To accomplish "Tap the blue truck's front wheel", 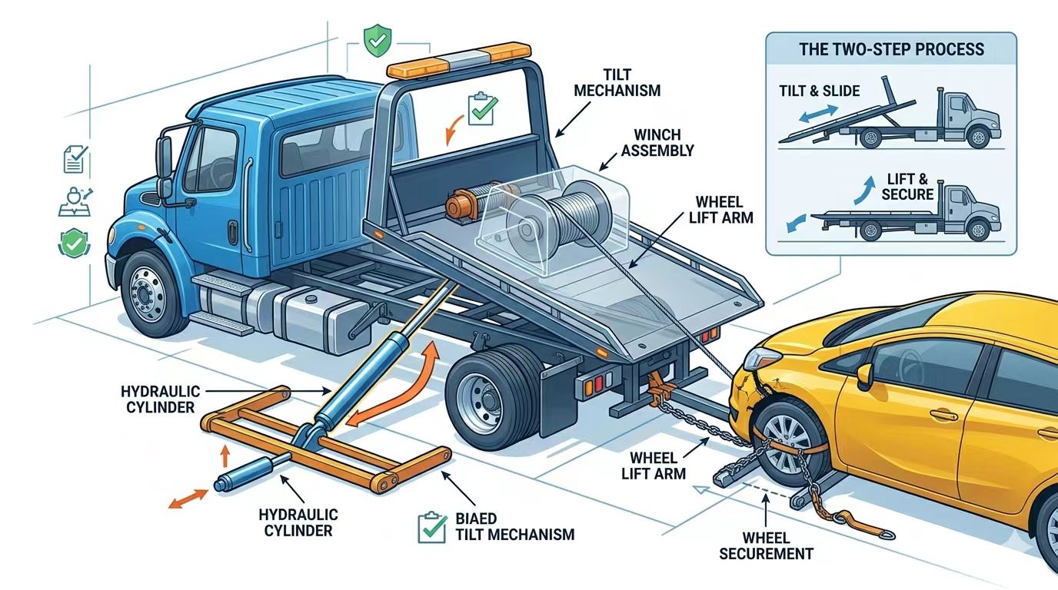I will [151, 293].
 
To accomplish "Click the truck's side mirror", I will [164, 158].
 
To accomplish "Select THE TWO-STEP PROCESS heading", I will [891, 50].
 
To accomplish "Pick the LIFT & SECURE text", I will [907, 187].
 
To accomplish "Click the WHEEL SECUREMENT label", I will [766, 545].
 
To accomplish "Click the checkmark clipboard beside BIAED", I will [431, 527].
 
